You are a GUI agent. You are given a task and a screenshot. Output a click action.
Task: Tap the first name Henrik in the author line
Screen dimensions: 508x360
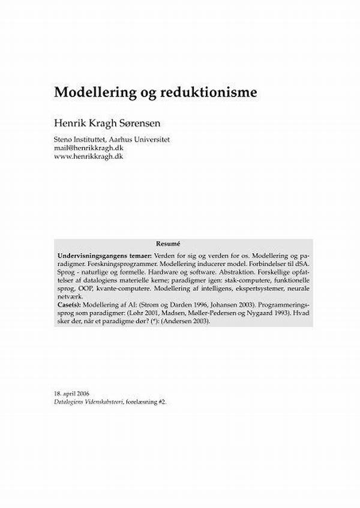coord(70,124)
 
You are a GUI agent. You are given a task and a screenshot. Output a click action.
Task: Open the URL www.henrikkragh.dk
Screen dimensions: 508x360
coord(88,156)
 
